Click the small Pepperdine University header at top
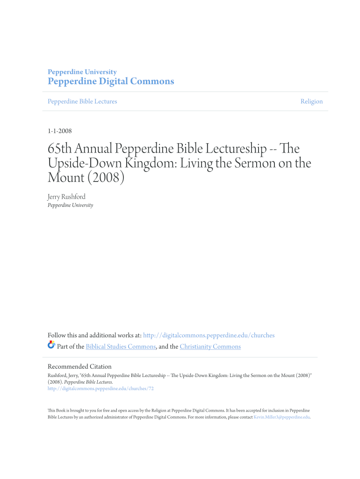pos(82,72)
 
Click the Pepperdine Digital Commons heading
pos(111,81)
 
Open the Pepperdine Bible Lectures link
pos(82,102)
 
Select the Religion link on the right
pos(311,102)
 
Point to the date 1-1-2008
pos(60,131)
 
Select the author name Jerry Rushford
pos(67,197)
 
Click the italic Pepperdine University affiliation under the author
pos(71,205)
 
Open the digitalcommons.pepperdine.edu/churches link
pos(209,335)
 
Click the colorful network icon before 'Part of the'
pos(51,345)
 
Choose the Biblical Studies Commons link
pos(121,347)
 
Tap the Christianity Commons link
pos(210,347)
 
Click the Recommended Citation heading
pos(80,367)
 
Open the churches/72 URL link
pos(101,388)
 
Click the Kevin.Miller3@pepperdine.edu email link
pos(281,417)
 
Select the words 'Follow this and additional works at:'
pos(94,335)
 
